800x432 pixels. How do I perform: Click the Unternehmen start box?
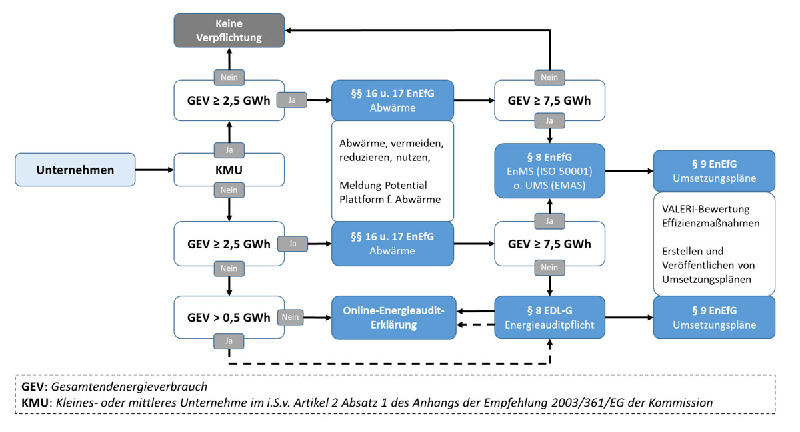coord(75,170)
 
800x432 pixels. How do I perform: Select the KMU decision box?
coord(229,170)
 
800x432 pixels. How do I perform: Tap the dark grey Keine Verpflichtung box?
coord(229,31)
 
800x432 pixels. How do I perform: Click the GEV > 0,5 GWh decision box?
coord(229,317)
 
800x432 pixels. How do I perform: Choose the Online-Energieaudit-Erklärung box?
coord(393,317)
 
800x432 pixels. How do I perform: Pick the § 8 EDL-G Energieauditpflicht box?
coord(549,317)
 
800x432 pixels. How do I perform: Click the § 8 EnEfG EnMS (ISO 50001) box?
coord(549,170)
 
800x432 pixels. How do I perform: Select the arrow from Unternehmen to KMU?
coord(154,170)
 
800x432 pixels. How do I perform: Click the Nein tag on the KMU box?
coord(229,190)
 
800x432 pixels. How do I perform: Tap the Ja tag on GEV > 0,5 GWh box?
coord(229,341)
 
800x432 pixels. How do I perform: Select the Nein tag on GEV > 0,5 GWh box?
coord(291,317)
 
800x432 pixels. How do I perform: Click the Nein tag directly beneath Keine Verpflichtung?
coord(229,77)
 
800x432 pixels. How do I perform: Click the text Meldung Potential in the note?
coord(383,185)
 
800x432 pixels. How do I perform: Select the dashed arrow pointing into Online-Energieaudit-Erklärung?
coord(475,325)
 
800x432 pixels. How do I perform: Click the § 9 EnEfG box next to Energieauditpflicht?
coord(714,317)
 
